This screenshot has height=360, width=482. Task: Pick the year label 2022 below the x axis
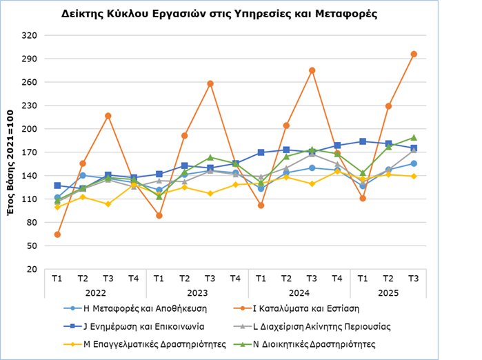(x=95, y=292)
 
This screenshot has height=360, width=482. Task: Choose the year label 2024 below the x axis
(x=299, y=292)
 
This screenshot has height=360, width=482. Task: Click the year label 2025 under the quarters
(x=388, y=292)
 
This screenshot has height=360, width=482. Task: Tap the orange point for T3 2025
(x=414, y=54)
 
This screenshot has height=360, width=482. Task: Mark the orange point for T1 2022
(x=57, y=234)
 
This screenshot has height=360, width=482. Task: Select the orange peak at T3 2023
(x=210, y=83)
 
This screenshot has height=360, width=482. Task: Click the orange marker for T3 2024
(x=312, y=70)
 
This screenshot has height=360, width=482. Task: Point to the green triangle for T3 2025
(x=414, y=137)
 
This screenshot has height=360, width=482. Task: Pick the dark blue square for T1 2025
(x=363, y=141)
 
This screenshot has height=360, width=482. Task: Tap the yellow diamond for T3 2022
(x=108, y=204)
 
